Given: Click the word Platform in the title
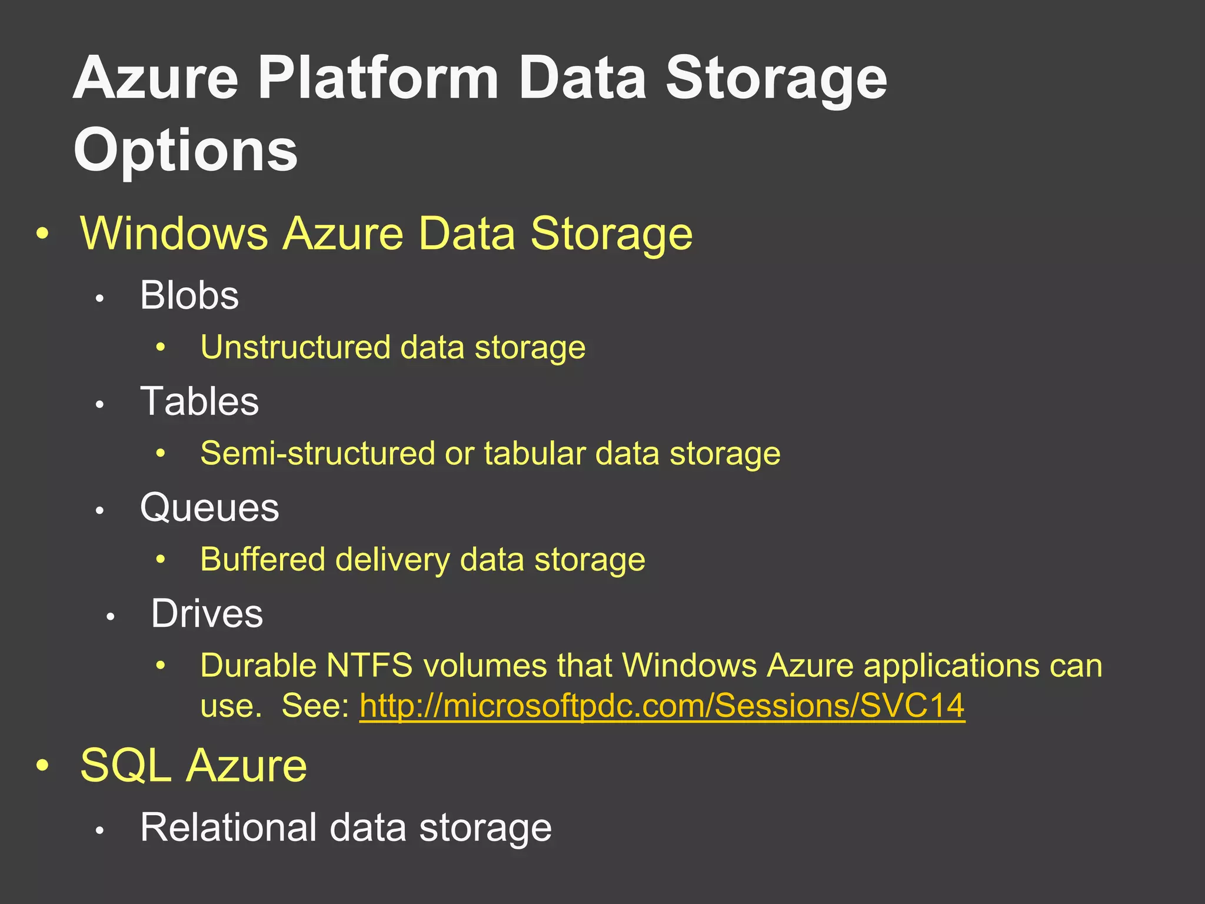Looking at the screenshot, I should pos(378,79).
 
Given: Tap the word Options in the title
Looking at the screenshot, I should pos(185,151).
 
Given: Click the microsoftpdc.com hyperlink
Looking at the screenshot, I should pos(662,705).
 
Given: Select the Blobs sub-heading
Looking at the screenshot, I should pos(189,295).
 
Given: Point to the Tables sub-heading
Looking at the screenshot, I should pos(199,401).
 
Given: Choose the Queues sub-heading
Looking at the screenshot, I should pos(209,507).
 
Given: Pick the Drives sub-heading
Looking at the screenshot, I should pos(207,614).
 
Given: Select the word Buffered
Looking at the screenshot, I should pos(262,559).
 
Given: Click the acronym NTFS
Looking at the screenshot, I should pos(370,666).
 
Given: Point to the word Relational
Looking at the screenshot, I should pos(229,827).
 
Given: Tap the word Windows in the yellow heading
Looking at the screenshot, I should pos(174,234).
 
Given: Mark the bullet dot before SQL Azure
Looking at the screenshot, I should pos(42,766).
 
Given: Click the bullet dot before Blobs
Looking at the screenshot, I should pos(100,299).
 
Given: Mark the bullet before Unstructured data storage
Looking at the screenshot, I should pos(161,348).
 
